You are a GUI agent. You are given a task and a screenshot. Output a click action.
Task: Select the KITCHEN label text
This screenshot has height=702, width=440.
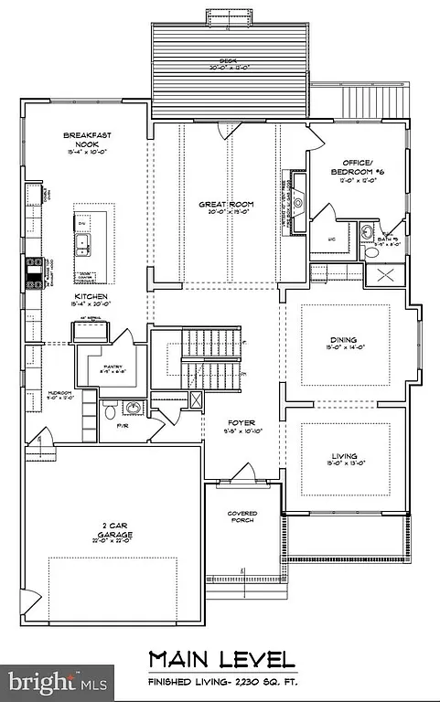pyautogui.click(x=92, y=297)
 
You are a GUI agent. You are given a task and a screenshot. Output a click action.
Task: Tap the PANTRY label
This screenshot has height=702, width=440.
pyautogui.click(x=113, y=367)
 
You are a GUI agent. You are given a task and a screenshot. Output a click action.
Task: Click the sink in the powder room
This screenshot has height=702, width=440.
pyautogui.click(x=133, y=408)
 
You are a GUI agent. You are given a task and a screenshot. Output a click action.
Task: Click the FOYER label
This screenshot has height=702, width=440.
pyautogui.click(x=241, y=423)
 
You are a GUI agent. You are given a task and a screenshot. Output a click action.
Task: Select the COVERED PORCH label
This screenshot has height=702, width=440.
pyautogui.click(x=241, y=517)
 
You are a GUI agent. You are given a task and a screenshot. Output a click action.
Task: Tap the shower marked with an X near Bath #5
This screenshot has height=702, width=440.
pyautogui.click(x=380, y=275)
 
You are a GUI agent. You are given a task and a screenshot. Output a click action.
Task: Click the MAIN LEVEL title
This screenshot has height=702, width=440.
pyautogui.click(x=222, y=659)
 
